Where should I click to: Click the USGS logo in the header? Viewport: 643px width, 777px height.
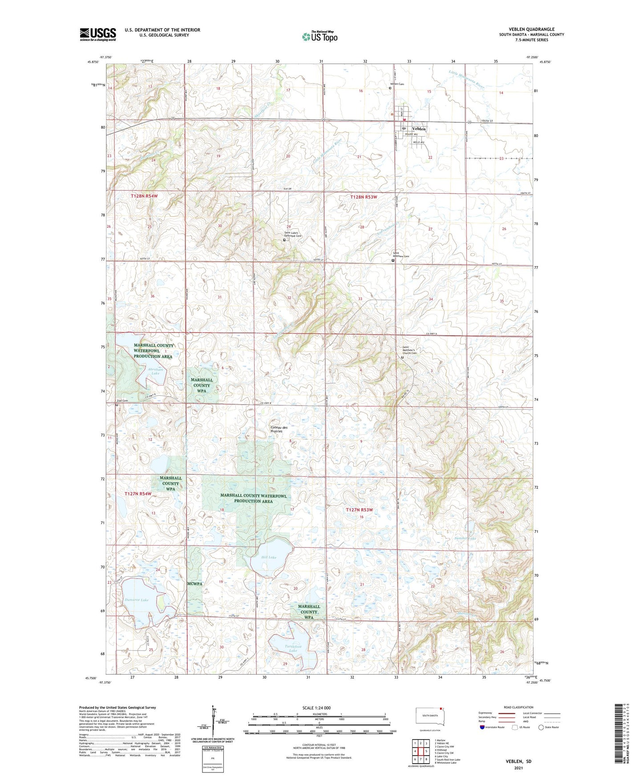click(x=98, y=34)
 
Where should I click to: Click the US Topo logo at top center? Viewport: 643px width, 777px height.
click(x=319, y=36)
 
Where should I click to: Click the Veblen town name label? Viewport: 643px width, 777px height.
click(x=419, y=129)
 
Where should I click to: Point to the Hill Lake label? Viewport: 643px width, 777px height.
click(x=269, y=557)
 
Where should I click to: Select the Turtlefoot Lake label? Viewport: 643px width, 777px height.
click(x=293, y=648)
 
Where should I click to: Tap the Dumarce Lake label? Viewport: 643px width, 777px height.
click(x=137, y=600)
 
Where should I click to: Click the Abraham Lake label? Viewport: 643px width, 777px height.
click(x=155, y=371)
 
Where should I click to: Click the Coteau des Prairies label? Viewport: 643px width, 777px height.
click(x=279, y=429)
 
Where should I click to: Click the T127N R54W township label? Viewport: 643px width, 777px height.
click(x=138, y=494)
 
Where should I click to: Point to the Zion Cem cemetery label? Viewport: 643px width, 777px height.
click(x=122, y=401)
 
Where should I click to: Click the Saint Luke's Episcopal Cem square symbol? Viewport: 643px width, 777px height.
click(x=284, y=240)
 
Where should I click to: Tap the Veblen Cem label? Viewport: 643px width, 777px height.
click(x=397, y=84)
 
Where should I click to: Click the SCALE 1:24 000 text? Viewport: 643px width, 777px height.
click(x=316, y=708)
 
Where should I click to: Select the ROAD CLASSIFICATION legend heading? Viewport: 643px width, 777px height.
click(x=519, y=707)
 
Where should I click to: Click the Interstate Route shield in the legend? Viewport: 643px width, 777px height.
click(x=483, y=727)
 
